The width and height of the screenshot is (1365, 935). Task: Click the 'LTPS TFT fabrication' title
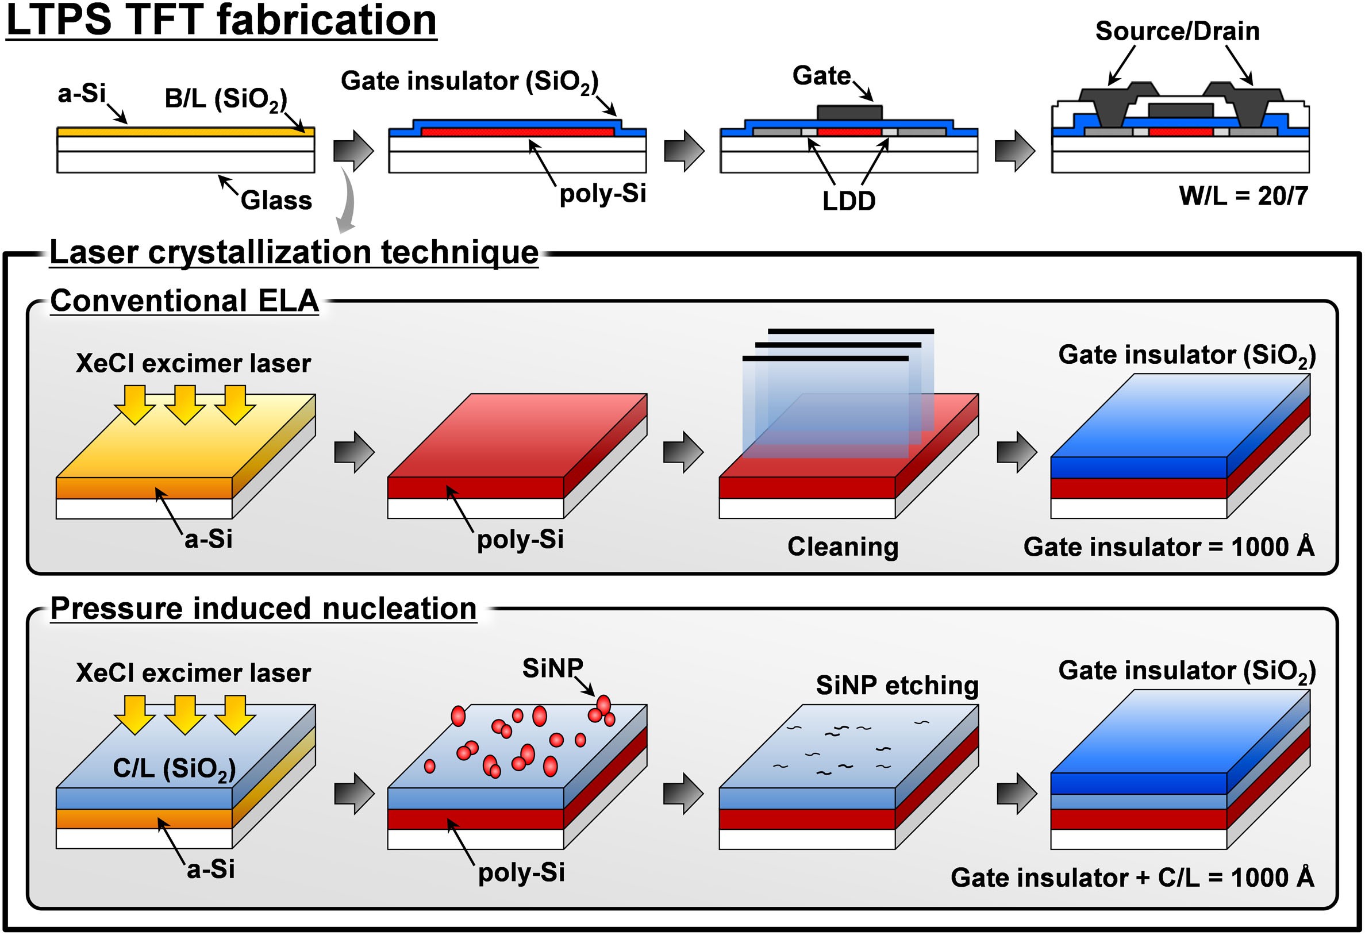(x=221, y=20)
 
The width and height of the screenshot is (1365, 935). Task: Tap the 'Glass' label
(x=276, y=200)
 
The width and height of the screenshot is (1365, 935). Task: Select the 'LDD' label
(x=849, y=202)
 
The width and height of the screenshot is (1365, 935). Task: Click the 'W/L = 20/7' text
(x=1243, y=196)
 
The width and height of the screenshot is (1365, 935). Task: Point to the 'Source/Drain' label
(x=1178, y=31)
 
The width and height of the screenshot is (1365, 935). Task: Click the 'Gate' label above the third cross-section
(x=821, y=76)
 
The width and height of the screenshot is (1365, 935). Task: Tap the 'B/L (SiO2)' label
(x=226, y=100)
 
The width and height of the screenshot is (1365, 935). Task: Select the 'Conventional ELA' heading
(x=184, y=301)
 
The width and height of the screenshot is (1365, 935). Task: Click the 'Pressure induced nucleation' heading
(x=263, y=609)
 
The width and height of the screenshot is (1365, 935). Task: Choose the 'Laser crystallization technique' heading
(x=294, y=252)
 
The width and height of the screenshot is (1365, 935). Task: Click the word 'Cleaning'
(x=843, y=547)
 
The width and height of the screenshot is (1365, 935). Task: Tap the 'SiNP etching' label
(x=898, y=686)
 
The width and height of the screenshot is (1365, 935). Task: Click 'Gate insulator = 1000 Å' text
(x=1169, y=547)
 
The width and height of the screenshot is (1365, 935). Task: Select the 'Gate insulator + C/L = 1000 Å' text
(x=1132, y=878)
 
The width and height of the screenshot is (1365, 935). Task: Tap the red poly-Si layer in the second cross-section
(x=517, y=132)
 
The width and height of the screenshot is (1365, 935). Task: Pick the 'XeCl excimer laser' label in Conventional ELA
(x=193, y=364)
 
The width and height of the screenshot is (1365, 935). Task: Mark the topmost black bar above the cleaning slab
(x=851, y=332)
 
